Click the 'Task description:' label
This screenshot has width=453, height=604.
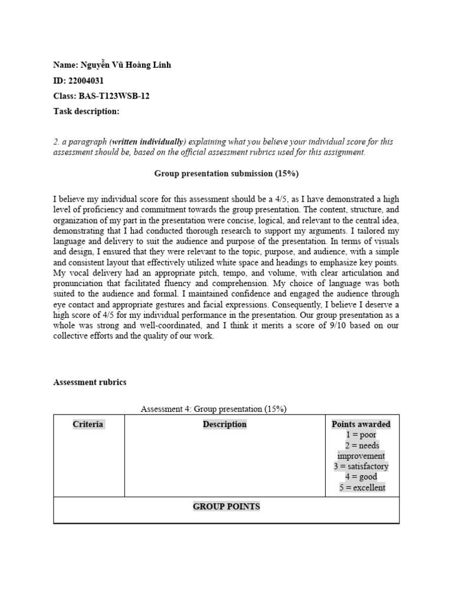(86, 111)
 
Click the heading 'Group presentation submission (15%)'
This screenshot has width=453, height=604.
(226, 173)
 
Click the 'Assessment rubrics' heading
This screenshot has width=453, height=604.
(90, 382)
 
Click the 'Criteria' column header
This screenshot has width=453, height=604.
(88, 424)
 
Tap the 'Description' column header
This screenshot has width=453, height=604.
(225, 424)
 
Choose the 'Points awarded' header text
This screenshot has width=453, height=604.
(361, 424)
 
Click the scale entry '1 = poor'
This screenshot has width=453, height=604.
(361, 435)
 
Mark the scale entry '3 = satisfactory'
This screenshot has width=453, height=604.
(361, 467)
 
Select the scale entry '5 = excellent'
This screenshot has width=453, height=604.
(361, 488)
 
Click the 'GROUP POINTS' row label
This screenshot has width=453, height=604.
(226, 507)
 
